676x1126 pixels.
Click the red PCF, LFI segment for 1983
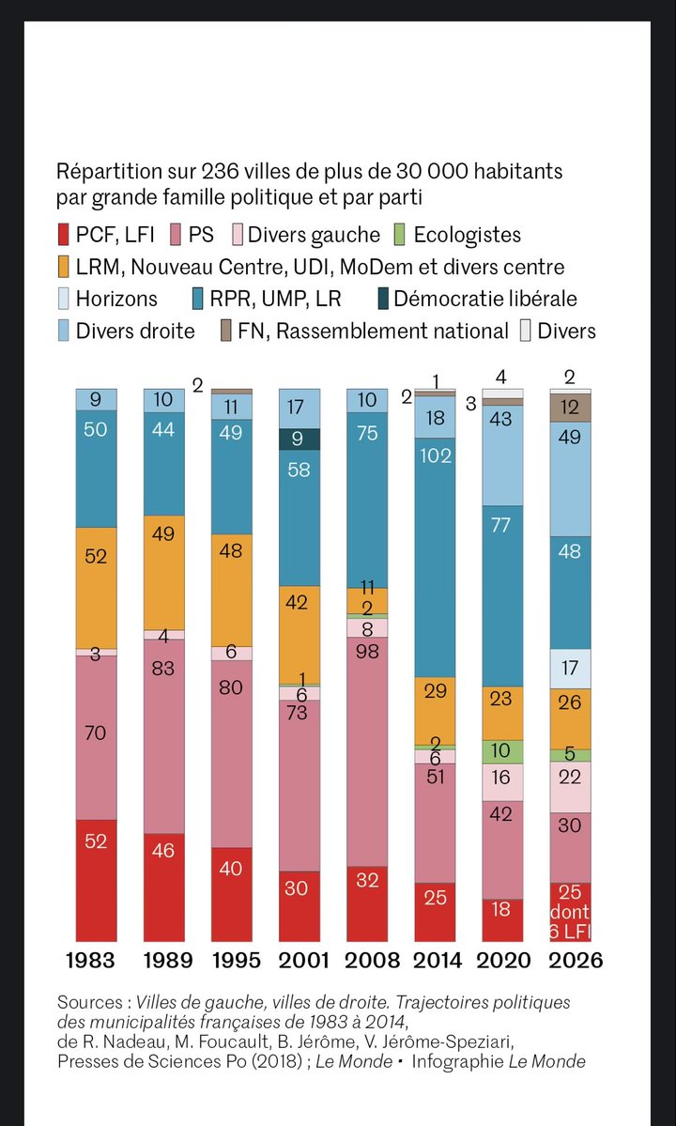(96, 879)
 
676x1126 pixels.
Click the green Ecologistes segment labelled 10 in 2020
(501, 751)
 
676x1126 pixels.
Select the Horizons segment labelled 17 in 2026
(569, 669)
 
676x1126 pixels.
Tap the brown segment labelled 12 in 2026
(569, 408)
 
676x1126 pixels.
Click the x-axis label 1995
(231, 961)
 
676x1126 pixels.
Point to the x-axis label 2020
(501, 961)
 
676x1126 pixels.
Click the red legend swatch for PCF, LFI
(64, 235)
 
